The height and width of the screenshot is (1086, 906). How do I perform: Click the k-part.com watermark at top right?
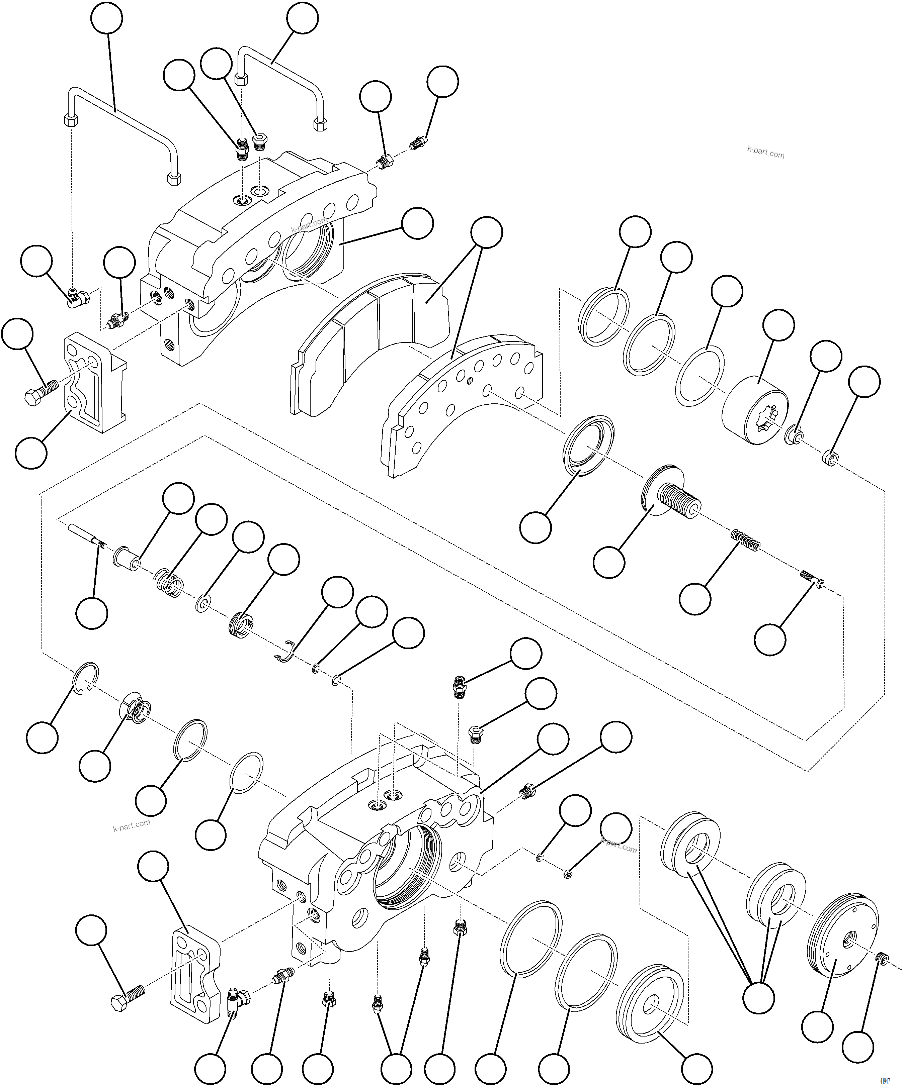point(766,153)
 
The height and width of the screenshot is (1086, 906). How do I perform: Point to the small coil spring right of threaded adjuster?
point(746,540)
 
